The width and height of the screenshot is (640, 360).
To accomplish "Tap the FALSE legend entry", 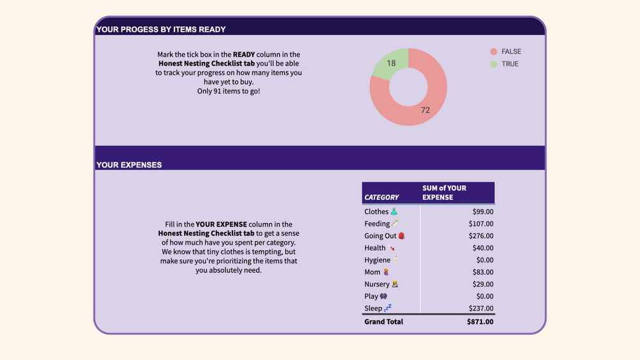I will (x=511, y=52).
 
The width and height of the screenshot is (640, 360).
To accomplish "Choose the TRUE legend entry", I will (x=509, y=64).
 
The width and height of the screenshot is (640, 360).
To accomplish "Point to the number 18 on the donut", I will (x=391, y=63).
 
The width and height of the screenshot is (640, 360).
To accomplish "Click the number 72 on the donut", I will (x=425, y=110).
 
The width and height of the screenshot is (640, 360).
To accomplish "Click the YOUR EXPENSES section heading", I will (x=129, y=165).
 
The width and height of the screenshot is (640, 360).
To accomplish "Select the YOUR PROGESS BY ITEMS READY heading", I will (x=161, y=29).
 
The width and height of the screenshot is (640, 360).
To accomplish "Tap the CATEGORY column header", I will (x=381, y=198).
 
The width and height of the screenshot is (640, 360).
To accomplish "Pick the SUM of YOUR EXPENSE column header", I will (x=444, y=192).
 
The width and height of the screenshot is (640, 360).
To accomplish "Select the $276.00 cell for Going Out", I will (x=481, y=236).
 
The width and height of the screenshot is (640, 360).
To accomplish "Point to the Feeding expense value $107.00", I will (x=481, y=224).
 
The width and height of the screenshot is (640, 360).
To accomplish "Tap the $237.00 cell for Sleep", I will (x=481, y=308).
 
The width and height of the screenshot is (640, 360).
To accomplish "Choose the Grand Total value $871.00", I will (x=480, y=322).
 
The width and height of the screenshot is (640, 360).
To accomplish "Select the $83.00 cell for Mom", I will (x=483, y=272).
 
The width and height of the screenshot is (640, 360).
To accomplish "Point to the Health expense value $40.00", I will (x=483, y=248).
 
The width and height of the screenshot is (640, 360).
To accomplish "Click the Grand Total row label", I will (x=383, y=322).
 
